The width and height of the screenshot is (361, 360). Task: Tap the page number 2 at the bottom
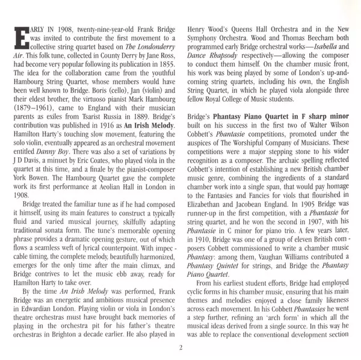point(180,347)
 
